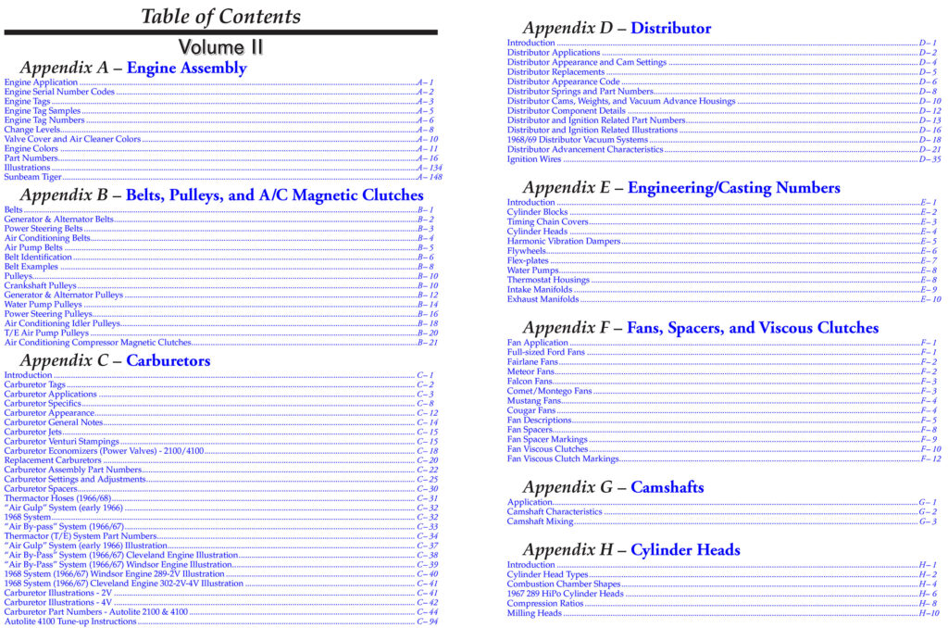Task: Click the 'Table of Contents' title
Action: coord(220,17)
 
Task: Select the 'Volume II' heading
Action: coord(220,46)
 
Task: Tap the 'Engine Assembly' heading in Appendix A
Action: coord(186,68)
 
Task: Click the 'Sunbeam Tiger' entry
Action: coord(33,177)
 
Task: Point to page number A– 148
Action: coord(429,177)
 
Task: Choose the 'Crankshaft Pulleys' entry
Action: coord(41,285)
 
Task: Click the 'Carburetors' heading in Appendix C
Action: coord(168,360)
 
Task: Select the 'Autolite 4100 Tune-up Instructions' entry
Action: coord(70,622)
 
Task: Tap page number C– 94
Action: coord(427,622)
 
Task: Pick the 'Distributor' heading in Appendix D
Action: coord(670,29)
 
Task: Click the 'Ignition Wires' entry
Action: coord(534,159)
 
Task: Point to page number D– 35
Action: coord(929,159)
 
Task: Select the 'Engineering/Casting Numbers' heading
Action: coord(733,188)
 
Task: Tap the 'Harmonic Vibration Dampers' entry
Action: coord(564,241)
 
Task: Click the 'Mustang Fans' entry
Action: coord(534,401)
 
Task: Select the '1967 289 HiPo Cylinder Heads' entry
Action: coord(566,594)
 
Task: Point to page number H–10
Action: coord(929,613)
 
